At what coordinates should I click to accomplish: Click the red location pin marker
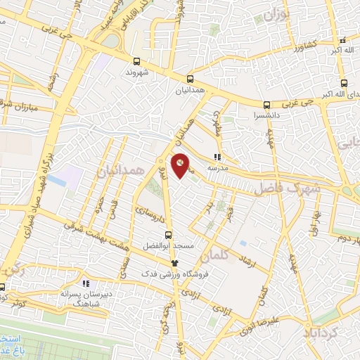point(181,165)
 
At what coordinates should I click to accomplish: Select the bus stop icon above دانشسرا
point(266,103)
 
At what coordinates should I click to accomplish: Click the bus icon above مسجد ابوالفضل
point(167,235)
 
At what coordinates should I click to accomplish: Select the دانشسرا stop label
point(266,114)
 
